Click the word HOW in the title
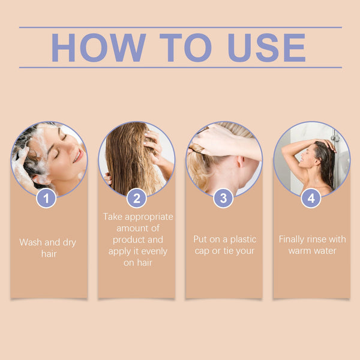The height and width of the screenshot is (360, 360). coord(98,47)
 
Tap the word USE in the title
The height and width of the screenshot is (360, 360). coord(267,47)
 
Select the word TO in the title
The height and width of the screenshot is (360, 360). coord(187,47)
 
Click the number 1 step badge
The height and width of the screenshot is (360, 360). coord(46,198)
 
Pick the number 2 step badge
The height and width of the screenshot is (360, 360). coord(136,198)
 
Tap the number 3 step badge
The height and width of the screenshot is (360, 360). coord(223,198)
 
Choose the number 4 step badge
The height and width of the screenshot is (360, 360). coord(311,198)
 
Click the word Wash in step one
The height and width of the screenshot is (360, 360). coord(31,242)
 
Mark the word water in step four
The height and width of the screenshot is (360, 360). coord(324,250)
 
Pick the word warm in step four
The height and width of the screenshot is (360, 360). coord(299,250)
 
